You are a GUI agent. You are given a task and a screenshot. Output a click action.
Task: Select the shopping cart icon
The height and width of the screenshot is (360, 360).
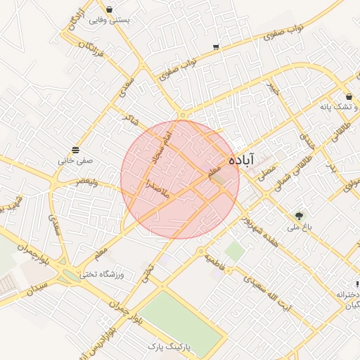pos(216,48)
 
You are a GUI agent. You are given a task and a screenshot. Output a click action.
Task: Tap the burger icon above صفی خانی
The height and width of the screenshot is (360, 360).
pos(75,150)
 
